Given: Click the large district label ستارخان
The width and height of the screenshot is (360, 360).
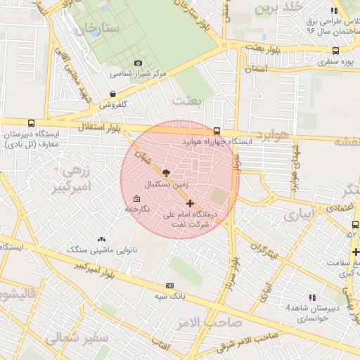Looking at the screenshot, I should [98, 29].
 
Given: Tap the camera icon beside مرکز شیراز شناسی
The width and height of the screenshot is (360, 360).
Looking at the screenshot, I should [138, 63].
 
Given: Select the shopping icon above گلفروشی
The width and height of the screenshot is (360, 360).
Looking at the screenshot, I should [113, 93].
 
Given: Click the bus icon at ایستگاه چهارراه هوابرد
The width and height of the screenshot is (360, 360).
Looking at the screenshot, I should [217, 131].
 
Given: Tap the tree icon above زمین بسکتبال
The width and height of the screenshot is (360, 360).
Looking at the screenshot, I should [166, 172].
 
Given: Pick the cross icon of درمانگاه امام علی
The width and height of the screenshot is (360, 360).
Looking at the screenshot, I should [190, 203].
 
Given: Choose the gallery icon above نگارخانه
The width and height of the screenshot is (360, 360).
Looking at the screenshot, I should [136, 199].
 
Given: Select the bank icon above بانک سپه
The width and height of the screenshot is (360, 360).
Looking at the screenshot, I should [169, 286].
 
